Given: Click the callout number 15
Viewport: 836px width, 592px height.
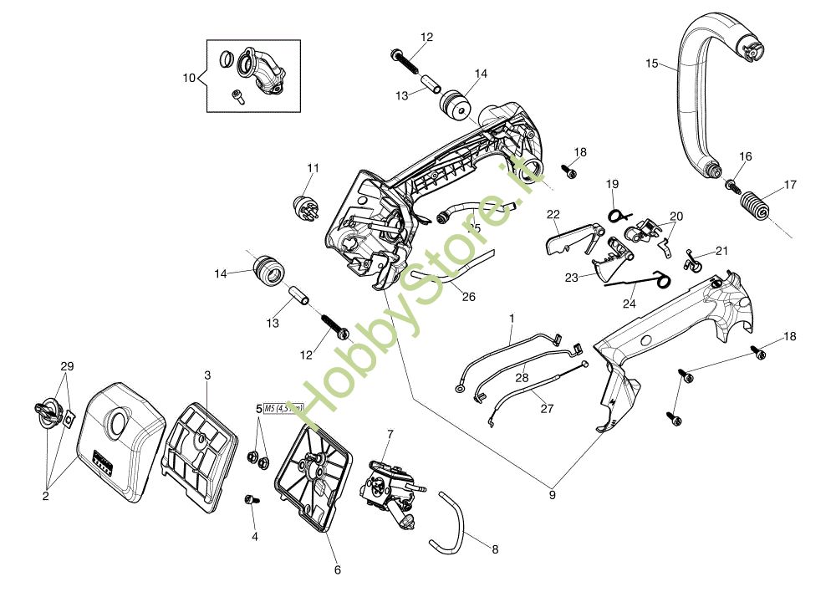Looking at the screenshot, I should point(652,63).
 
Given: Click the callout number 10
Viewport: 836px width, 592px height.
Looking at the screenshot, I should point(188,78).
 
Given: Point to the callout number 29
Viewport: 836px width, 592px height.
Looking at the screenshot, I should point(67,367).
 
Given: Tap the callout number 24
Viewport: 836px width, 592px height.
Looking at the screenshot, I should point(629,304).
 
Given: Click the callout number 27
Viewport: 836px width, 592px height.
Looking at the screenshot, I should point(548,409).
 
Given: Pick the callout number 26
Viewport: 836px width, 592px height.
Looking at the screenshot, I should point(468,296).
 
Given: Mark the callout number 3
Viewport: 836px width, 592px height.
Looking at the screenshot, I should point(207,375).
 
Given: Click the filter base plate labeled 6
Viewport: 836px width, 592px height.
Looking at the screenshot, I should point(310,477).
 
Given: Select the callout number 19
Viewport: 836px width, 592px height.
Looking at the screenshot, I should point(612,183).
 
